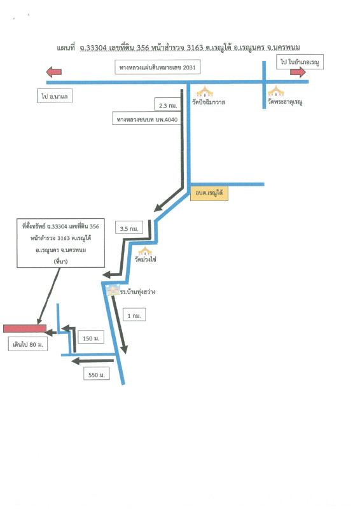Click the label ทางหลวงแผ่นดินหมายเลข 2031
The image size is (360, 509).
click(158, 67)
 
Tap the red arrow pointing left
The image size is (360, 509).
click(54, 71)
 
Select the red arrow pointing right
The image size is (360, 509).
click(298, 72)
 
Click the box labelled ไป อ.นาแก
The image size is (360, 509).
click(55, 96)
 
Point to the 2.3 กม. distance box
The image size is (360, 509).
click(168, 105)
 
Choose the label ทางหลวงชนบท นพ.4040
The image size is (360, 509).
click(147, 119)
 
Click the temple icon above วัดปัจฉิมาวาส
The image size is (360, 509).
click(205, 92)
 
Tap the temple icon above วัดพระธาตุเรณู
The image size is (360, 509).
click(276, 91)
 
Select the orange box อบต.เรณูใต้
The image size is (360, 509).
click(209, 193)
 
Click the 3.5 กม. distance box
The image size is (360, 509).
click(129, 228)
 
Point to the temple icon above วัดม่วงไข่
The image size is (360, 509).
click(145, 251)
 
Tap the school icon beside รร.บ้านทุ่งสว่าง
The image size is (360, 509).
click(113, 290)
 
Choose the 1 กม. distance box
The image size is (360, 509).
click(134, 314)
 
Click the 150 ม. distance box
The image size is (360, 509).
click(91, 338)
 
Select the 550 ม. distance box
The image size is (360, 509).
click(97, 374)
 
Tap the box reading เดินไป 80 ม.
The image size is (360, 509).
click(28, 344)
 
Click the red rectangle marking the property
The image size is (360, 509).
click(25, 328)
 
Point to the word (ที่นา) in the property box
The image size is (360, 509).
click(60, 261)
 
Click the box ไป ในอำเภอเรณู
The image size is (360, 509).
click(300, 62)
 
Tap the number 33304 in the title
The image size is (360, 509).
click(97, 48)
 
